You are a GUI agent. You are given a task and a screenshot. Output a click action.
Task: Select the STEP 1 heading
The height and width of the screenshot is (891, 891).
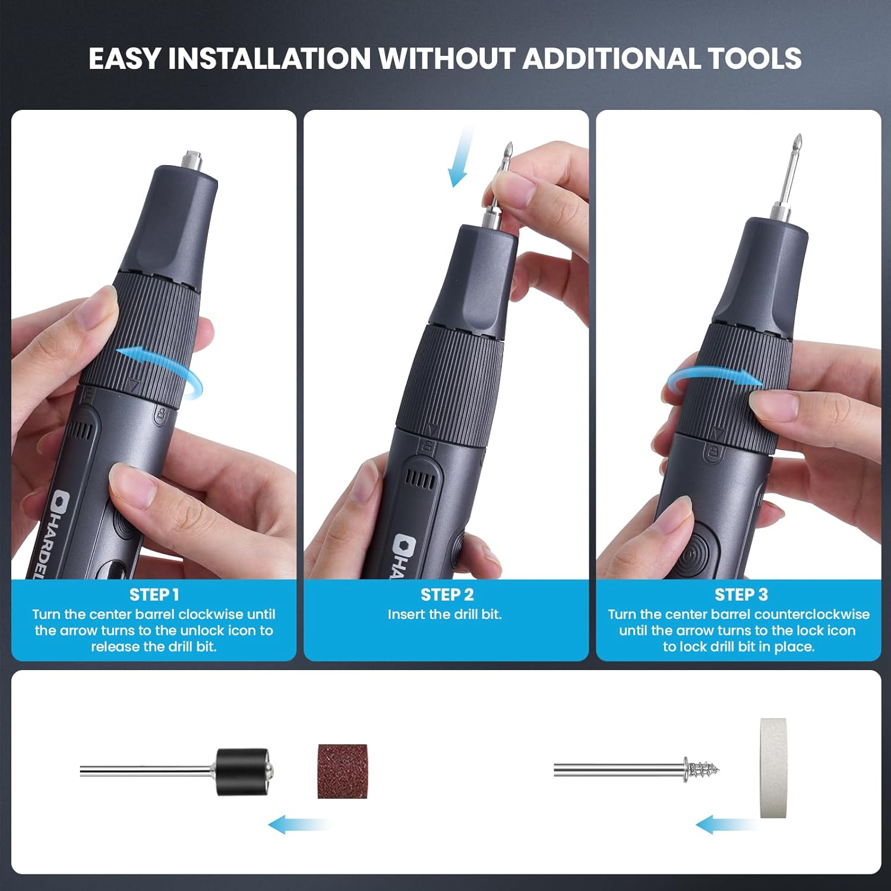tap(154, 595)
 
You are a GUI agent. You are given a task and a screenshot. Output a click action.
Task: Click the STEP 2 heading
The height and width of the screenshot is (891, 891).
tap(447, 595)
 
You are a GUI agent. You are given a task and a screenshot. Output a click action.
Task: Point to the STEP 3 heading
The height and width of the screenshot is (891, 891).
tap(741, 595)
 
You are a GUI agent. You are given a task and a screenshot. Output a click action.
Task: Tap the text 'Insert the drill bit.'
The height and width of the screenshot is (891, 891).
tap(445, 614)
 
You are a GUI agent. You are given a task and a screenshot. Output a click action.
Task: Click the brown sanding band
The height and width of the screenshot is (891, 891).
tap(342, 771)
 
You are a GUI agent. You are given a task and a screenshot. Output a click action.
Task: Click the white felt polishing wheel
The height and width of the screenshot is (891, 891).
tap(773, 767)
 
